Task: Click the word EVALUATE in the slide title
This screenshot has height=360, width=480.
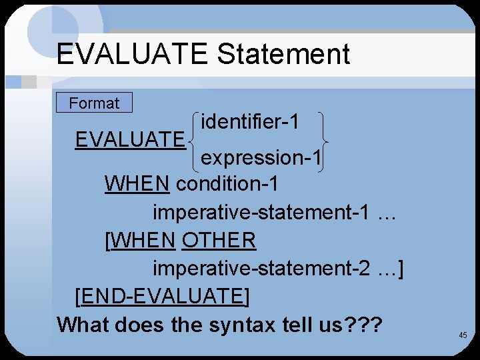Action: pyautogui.click(x=132, y=54)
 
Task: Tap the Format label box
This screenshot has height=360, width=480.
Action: pyautogui.click(x=94, y=103)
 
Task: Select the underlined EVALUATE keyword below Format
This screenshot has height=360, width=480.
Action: pyautogui.click(x=130, y=139)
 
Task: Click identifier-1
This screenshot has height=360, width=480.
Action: pyautogui.click(x=249, y=121)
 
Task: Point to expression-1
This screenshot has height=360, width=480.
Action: pyautogui.click(x=261, y=158)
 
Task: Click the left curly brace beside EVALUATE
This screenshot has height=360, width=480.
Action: pyautogui.click(x=194, y=140)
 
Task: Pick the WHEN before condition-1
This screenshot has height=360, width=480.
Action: pyautogui.click(x=137, y=183)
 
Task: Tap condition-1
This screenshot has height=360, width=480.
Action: pyautogui.click(x=227, y=183)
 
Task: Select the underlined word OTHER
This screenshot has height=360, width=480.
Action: pyautogui.click(x=219, y=239)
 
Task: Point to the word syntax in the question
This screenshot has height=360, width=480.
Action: pyautogui.click(x=242, y=325)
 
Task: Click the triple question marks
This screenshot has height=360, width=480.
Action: pyautogui.click(x=363, y=325)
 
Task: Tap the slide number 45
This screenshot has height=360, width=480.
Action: pyautogui.click(x=463, y=335)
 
